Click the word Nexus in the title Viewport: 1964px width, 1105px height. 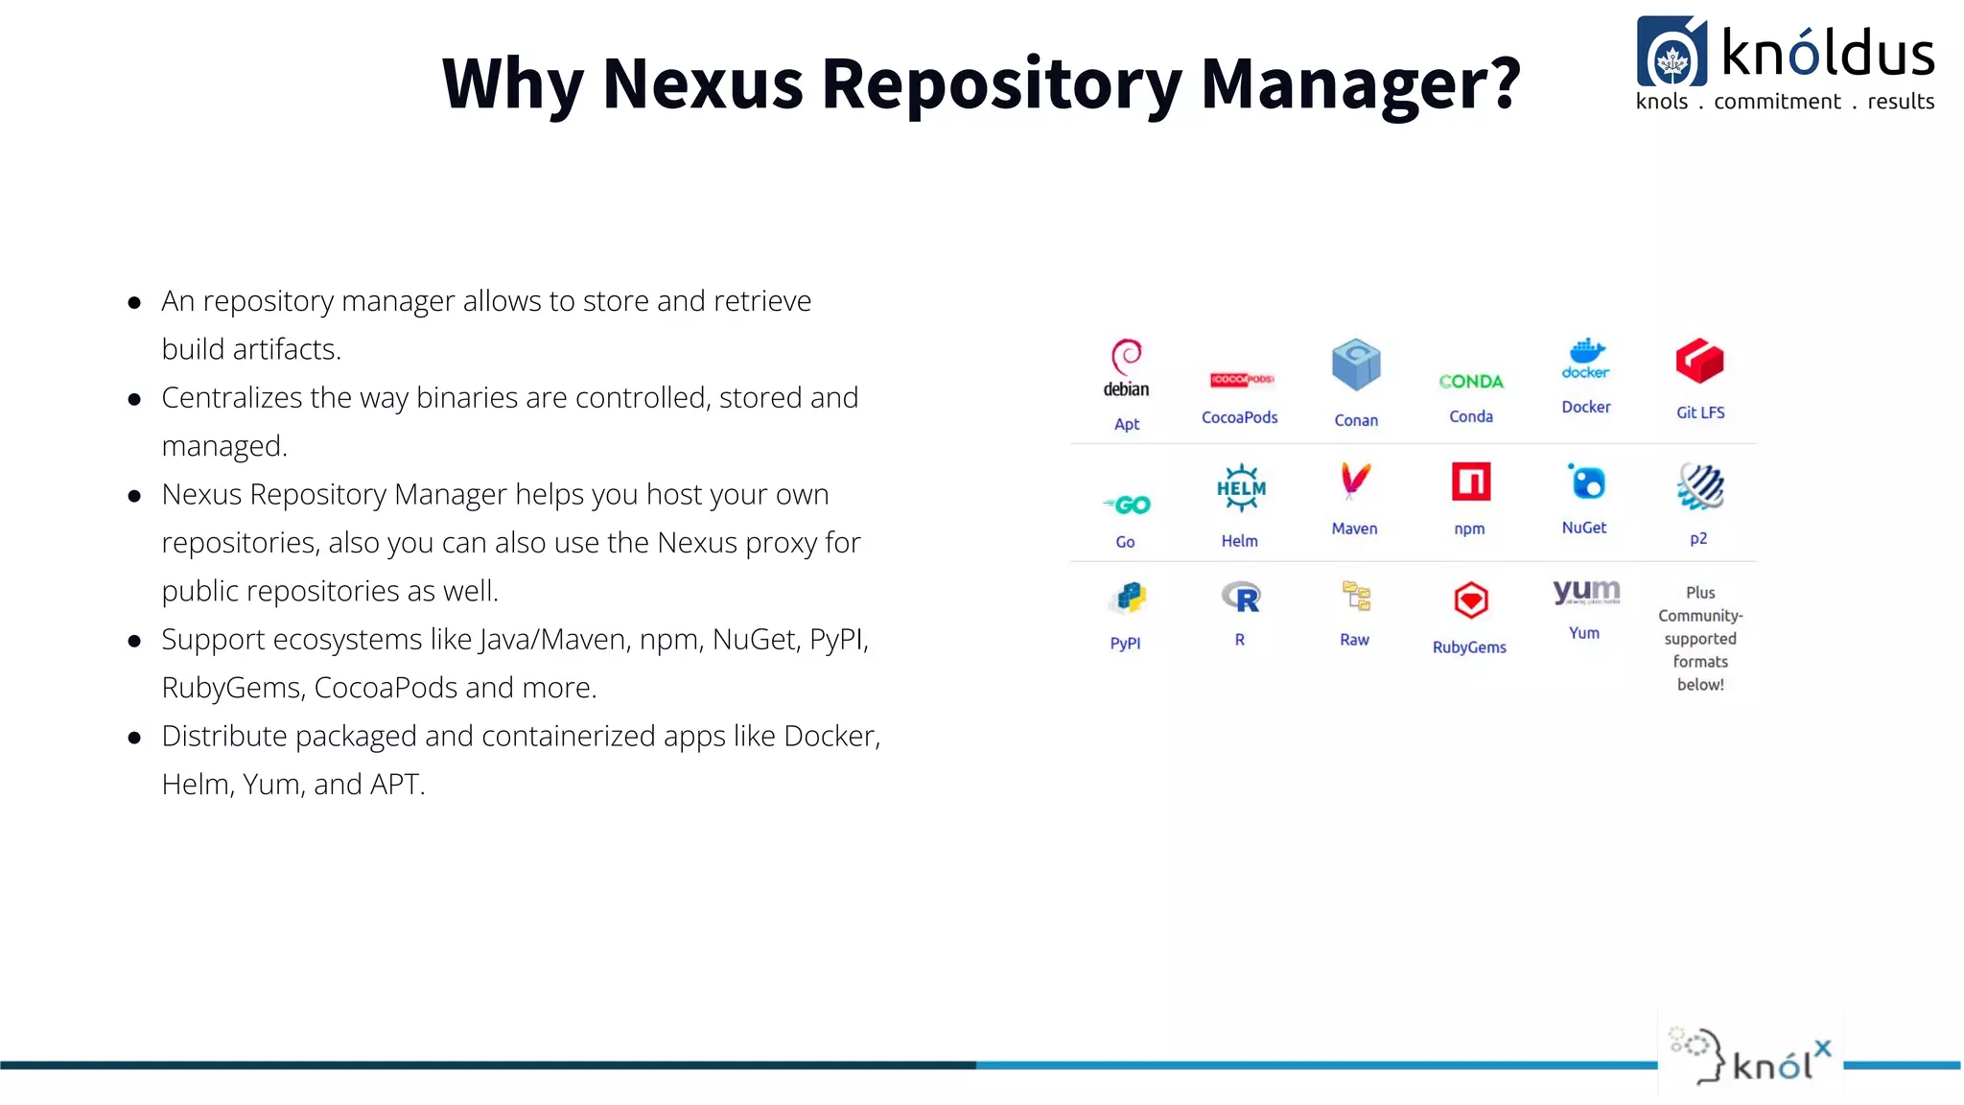click(x=702, y=83)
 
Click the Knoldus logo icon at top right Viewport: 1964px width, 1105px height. click(x=1672, y=53)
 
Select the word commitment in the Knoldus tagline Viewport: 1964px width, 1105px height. click(x=1777, y=102)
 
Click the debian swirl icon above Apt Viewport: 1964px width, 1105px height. click(x=1126, y=356)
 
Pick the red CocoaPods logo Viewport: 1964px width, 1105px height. click(x=1241, y=380)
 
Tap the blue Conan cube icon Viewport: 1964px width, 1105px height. click(x=1356, y=364)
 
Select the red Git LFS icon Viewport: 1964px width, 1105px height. click(x=1699, y=362)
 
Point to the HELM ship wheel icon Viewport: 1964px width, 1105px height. click(x=1241, y=488)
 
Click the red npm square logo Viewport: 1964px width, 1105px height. click(x=1470, y=482)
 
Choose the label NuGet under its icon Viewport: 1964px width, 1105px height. click(x=1584, y=528)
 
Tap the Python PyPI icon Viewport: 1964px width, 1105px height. click(x=1128, y=598)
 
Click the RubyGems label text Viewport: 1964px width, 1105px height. click(x=1469, y=647)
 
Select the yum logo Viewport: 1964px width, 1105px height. click(x=1586, y=591)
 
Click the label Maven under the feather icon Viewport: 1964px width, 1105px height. click(x=1354, y=529)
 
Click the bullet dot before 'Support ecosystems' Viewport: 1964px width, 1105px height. click(x=135, y=641)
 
